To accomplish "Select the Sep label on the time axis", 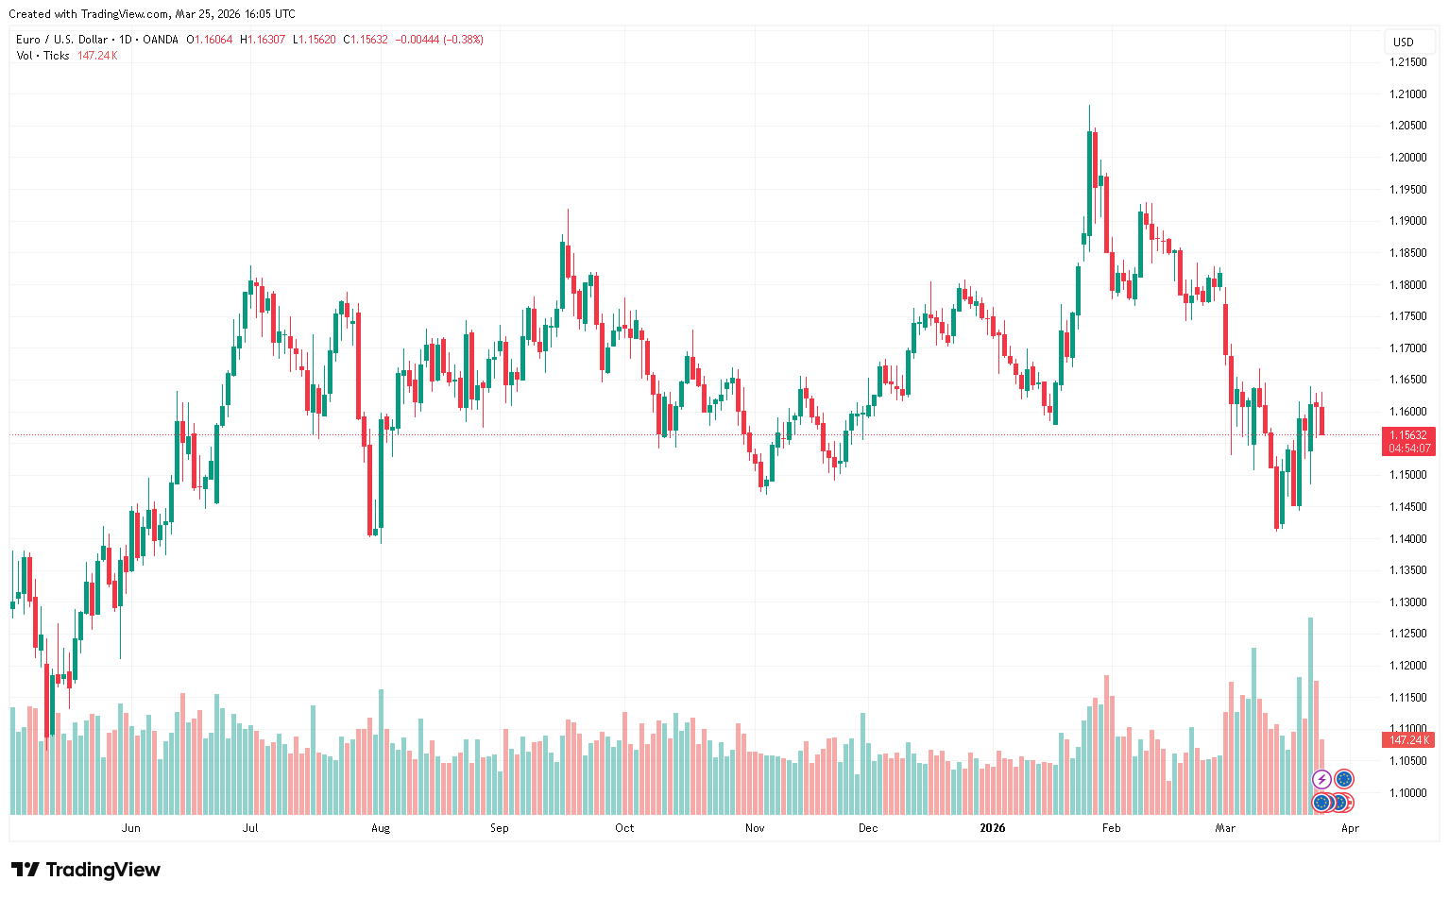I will [499, 828].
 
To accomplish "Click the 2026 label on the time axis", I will [992, 828].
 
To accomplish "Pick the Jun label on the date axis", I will [131, 828].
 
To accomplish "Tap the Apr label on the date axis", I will [1350, 828].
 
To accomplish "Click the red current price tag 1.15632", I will [1408, 435].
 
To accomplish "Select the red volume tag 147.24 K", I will [1408, 740].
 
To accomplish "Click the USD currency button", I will [1404, 42].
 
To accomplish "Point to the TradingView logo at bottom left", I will [86, 870].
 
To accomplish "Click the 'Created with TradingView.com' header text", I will [151, 14].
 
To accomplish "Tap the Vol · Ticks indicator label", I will [43, 56].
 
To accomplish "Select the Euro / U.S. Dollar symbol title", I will [62, 40].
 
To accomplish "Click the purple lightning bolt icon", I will [1321, 779].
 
